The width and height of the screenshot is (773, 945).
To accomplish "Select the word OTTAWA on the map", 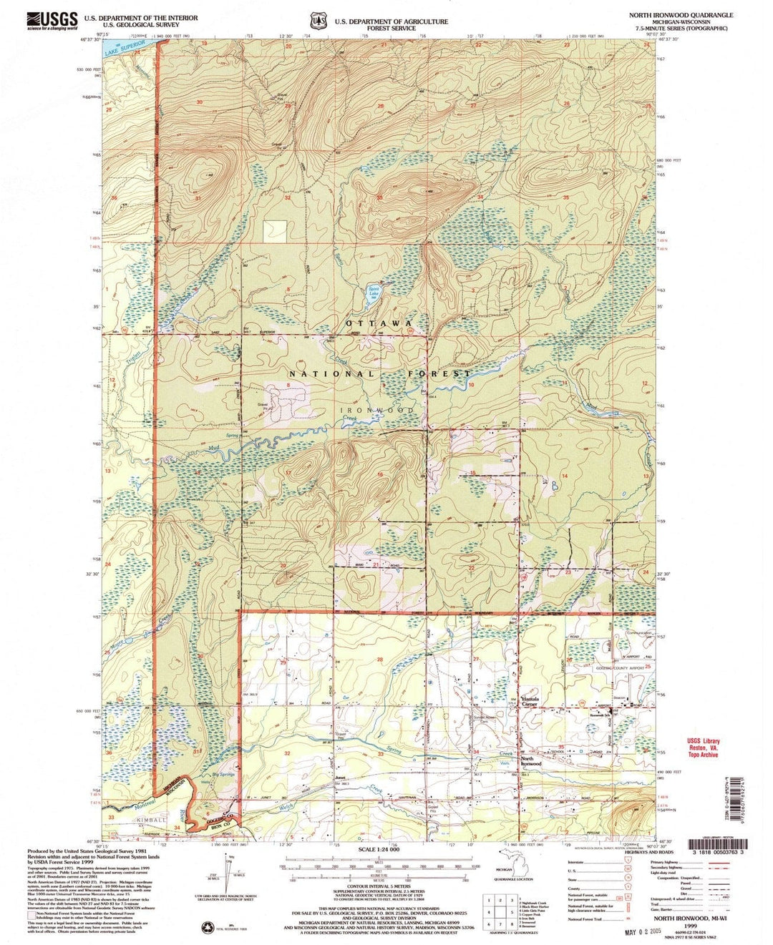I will (x=379, y=323).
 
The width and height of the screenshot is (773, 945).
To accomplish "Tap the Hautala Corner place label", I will (x=529, y=701).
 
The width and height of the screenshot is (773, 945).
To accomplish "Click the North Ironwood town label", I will (x=530, y=761).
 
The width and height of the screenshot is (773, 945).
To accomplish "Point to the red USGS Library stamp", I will (x=702, y=748).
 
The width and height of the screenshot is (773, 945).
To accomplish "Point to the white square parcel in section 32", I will (x=275, y=230).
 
